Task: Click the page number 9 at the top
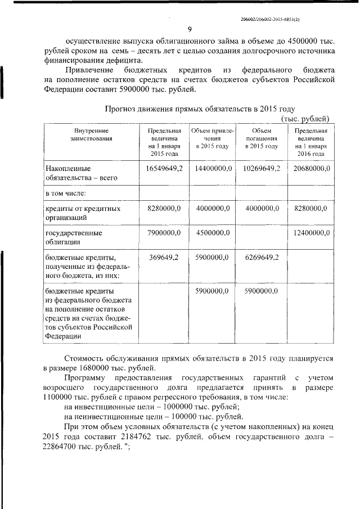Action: (190, 30)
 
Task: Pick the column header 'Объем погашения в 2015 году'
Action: (262, 138)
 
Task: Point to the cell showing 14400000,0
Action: (211, 168)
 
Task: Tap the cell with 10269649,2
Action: (262, 168)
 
